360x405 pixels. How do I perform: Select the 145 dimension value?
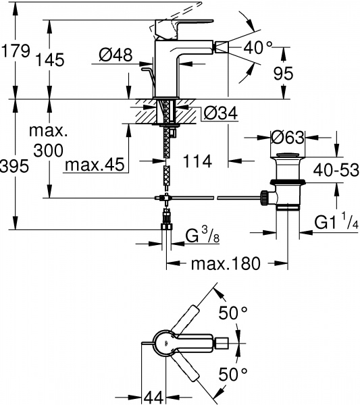[x=66, y=59]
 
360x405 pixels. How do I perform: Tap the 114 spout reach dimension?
[x=198, y=161]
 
